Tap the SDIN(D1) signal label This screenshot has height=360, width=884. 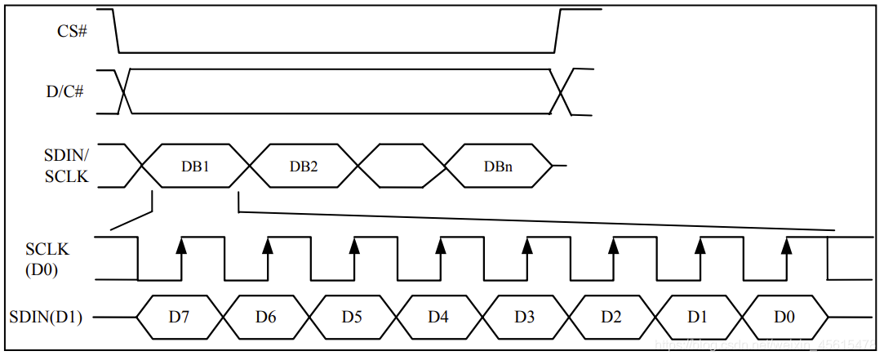point(48,317)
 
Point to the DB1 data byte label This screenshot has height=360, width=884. point(196,167)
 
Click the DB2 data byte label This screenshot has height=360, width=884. point(304,167)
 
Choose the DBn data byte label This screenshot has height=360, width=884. point(498,167)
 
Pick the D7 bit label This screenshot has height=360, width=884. point(179,317)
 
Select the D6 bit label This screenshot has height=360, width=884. point(265,317)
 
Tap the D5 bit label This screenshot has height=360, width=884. point(352,317)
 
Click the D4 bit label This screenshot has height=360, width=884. point(438,317)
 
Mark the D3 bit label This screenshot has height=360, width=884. point(525,317)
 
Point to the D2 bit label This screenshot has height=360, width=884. point(611,317)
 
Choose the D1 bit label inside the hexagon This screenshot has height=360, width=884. point(697,317)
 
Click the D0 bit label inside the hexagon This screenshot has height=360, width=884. point(784,317)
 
